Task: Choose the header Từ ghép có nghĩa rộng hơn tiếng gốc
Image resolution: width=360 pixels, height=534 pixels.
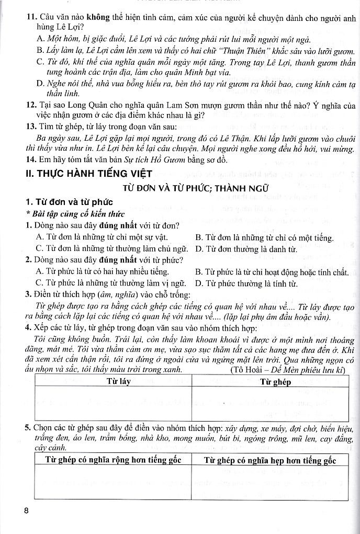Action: (111, 460)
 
